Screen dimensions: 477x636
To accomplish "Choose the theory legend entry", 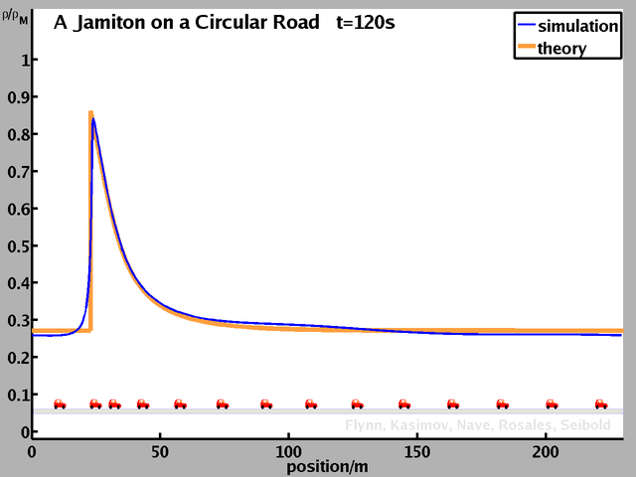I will click(561, 48).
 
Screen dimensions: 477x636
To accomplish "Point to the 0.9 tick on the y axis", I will click(14, 97).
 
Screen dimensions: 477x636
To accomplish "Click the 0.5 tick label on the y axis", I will click(14, 245).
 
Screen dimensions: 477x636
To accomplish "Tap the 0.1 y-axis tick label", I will click(14, 395).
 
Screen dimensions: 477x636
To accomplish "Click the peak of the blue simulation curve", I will click(93, 119).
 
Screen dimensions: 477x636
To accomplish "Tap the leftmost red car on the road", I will click(60, 403).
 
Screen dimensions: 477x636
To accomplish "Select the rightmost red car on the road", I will click(601, 403).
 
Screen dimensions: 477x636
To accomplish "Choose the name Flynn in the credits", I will click(366, 425).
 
